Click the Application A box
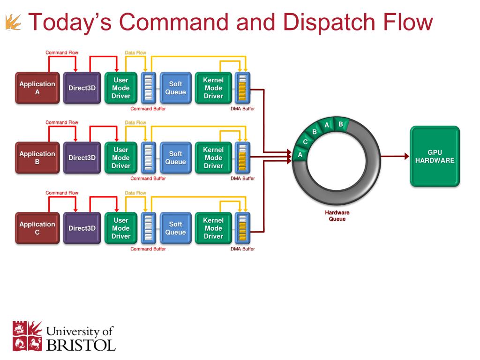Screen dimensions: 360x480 (x=37, y=88)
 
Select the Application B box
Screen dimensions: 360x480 (x=37, y=157)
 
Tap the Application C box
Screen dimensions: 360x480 (x=37, y=228)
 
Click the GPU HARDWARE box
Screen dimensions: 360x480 (x=435, y=157)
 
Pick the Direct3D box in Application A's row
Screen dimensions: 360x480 (x=82, y=88)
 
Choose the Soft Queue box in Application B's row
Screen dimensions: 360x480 (x=175, y=157)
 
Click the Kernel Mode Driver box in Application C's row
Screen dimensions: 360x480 (x=213, y=228)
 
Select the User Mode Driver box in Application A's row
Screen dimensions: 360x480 (x=120, y=88)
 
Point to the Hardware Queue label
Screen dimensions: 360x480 (x=337, y=216)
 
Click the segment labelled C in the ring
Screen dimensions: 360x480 (x=305, y=142)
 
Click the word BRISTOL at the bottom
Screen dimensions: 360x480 (x=81, y=345)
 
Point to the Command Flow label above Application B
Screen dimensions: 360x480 (x=62, y=122)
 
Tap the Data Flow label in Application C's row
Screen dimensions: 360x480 (x=135, y=193)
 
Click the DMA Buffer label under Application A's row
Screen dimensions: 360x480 (x=242, y=109)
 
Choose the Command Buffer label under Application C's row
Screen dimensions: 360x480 (x=148, y=249)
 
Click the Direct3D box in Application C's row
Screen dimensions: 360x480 (x=82, y=228)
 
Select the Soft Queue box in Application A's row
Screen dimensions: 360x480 (x=175, y=88)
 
